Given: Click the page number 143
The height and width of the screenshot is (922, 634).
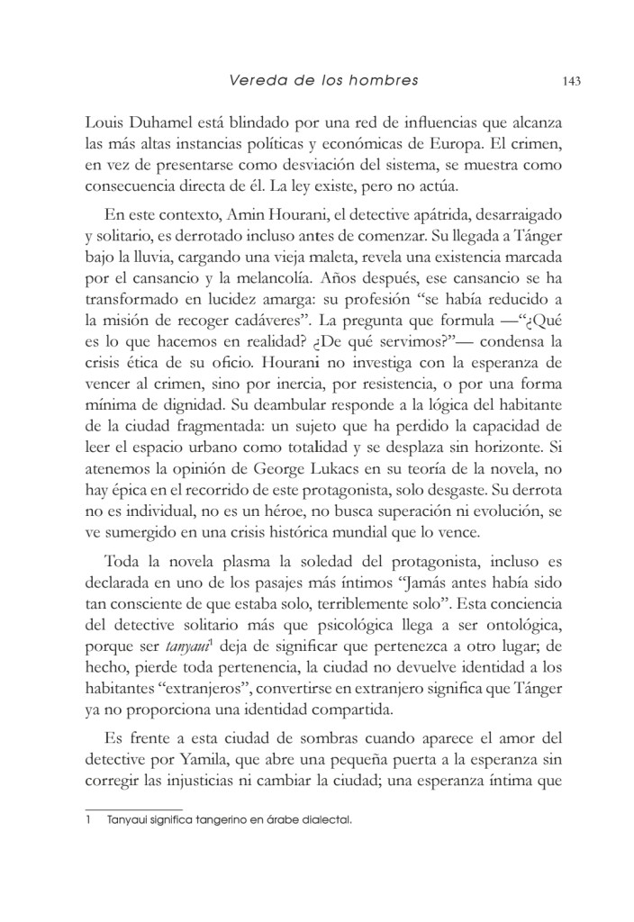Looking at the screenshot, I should coord(569,81).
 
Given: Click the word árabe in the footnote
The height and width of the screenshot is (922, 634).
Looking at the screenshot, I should coord(267,821).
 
